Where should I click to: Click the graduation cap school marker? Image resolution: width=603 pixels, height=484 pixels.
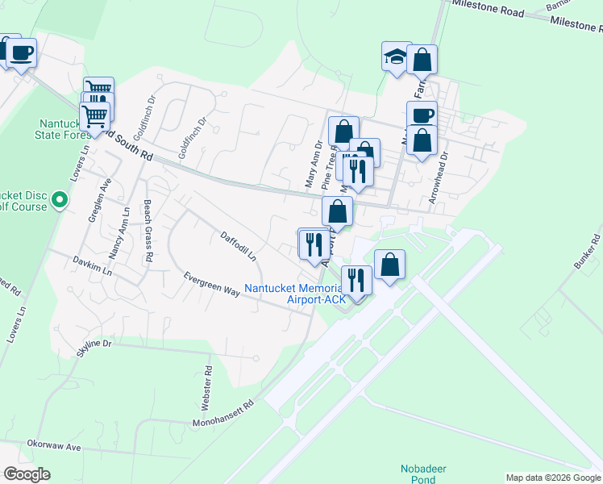click(396, 57)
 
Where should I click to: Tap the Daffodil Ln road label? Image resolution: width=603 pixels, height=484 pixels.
click(238, 247)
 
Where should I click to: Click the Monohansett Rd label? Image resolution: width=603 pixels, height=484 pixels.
click(222, 413)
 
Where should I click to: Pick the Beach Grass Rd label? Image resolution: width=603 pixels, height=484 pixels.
click(148, 231)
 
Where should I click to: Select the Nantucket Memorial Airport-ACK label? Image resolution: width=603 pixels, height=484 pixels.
click(295, 294)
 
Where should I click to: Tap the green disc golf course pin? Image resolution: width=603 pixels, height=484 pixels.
click(59, 199)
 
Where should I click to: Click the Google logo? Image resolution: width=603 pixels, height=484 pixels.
click(27, 474)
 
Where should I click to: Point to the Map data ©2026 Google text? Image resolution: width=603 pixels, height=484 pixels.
click(553, 478)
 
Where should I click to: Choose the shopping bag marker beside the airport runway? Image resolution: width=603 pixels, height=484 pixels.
click(389, 265)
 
